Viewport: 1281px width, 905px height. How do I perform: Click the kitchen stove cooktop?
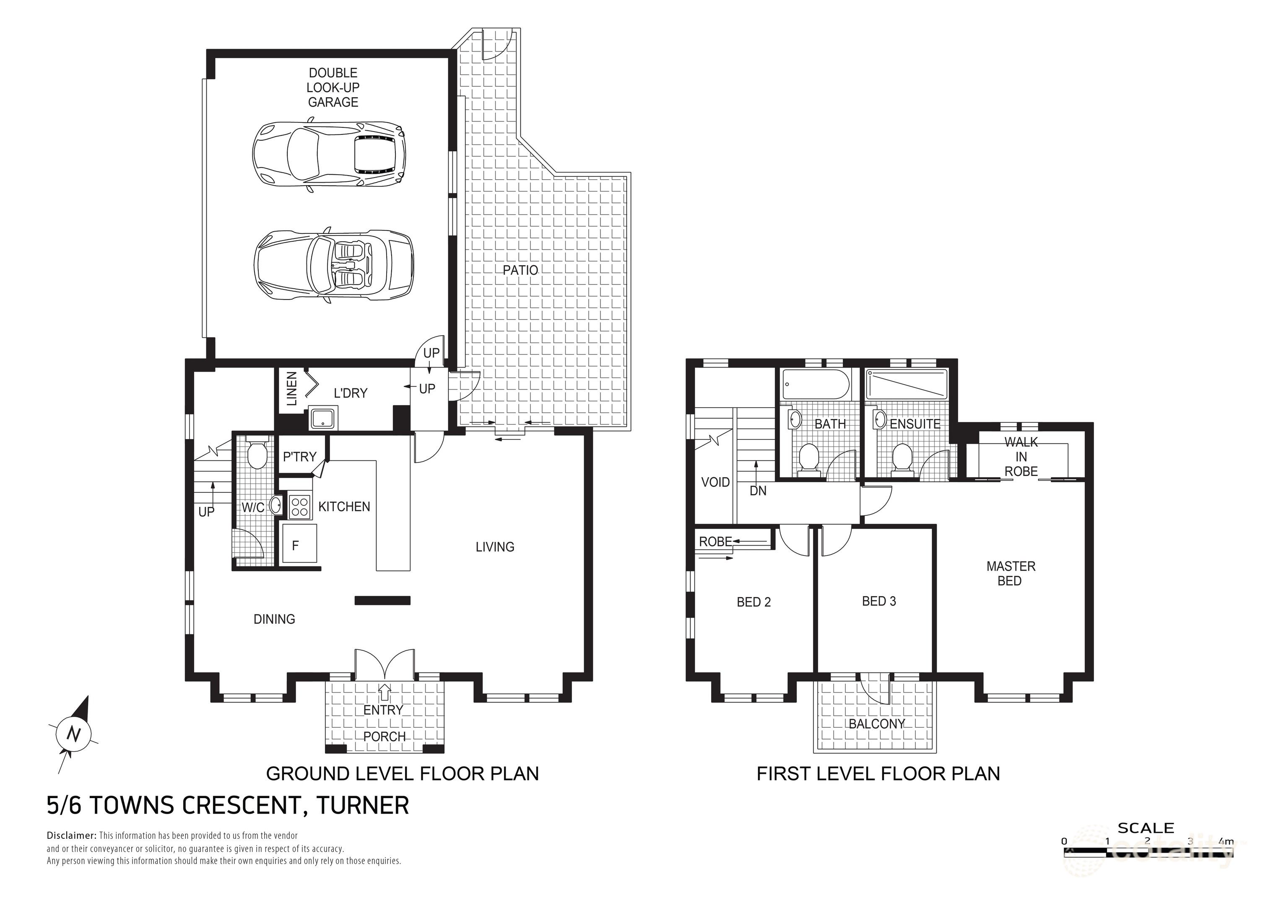click(x=300, y=506)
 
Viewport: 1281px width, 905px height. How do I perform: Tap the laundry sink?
click(x=322, y=418)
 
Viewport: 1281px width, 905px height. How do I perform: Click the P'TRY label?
click(x=300, y=457)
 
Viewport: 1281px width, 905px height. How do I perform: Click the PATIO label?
click(x=520, y=270)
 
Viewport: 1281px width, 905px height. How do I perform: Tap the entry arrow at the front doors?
click(x=385, y=692)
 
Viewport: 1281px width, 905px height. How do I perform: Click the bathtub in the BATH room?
click(x=816, y=384)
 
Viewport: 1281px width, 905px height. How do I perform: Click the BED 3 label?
click(x=879, y=601)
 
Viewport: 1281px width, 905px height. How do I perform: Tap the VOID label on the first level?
click(x=715, y=482)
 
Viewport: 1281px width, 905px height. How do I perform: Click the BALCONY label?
click(x=876, y=724)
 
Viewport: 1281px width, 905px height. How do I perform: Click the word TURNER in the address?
click(x=362, y=806)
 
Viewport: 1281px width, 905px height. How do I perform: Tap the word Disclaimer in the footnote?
click(x=71, y=836)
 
